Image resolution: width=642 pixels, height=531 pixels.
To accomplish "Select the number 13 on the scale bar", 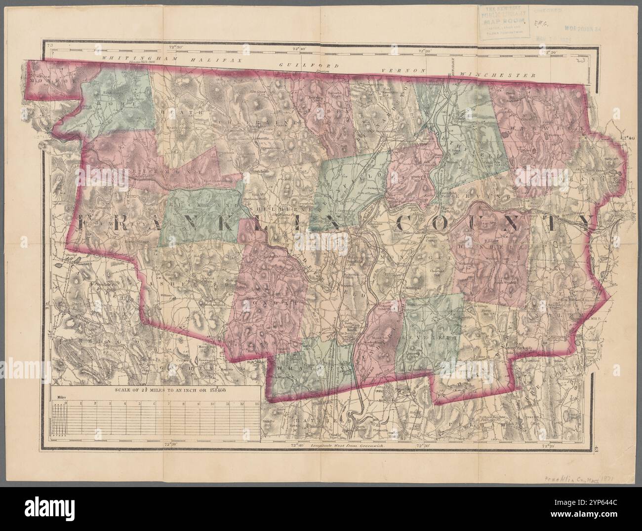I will [x=256, y=403].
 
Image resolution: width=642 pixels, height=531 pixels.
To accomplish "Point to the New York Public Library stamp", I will [x=502, y=23].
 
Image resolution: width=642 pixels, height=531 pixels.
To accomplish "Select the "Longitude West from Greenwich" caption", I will [x=347, y=445].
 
